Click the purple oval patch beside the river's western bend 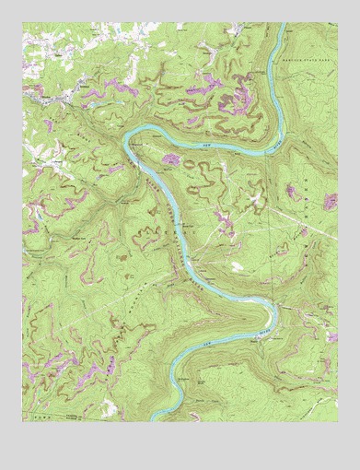pos(171,160)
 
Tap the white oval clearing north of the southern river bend pos(238,266)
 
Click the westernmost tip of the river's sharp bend pos(125,142)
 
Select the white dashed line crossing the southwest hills pos(74,304)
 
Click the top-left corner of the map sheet pos(23,24)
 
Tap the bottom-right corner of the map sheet pos(337,422)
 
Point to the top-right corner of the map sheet pos(337,24)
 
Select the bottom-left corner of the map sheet pos(23,422)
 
